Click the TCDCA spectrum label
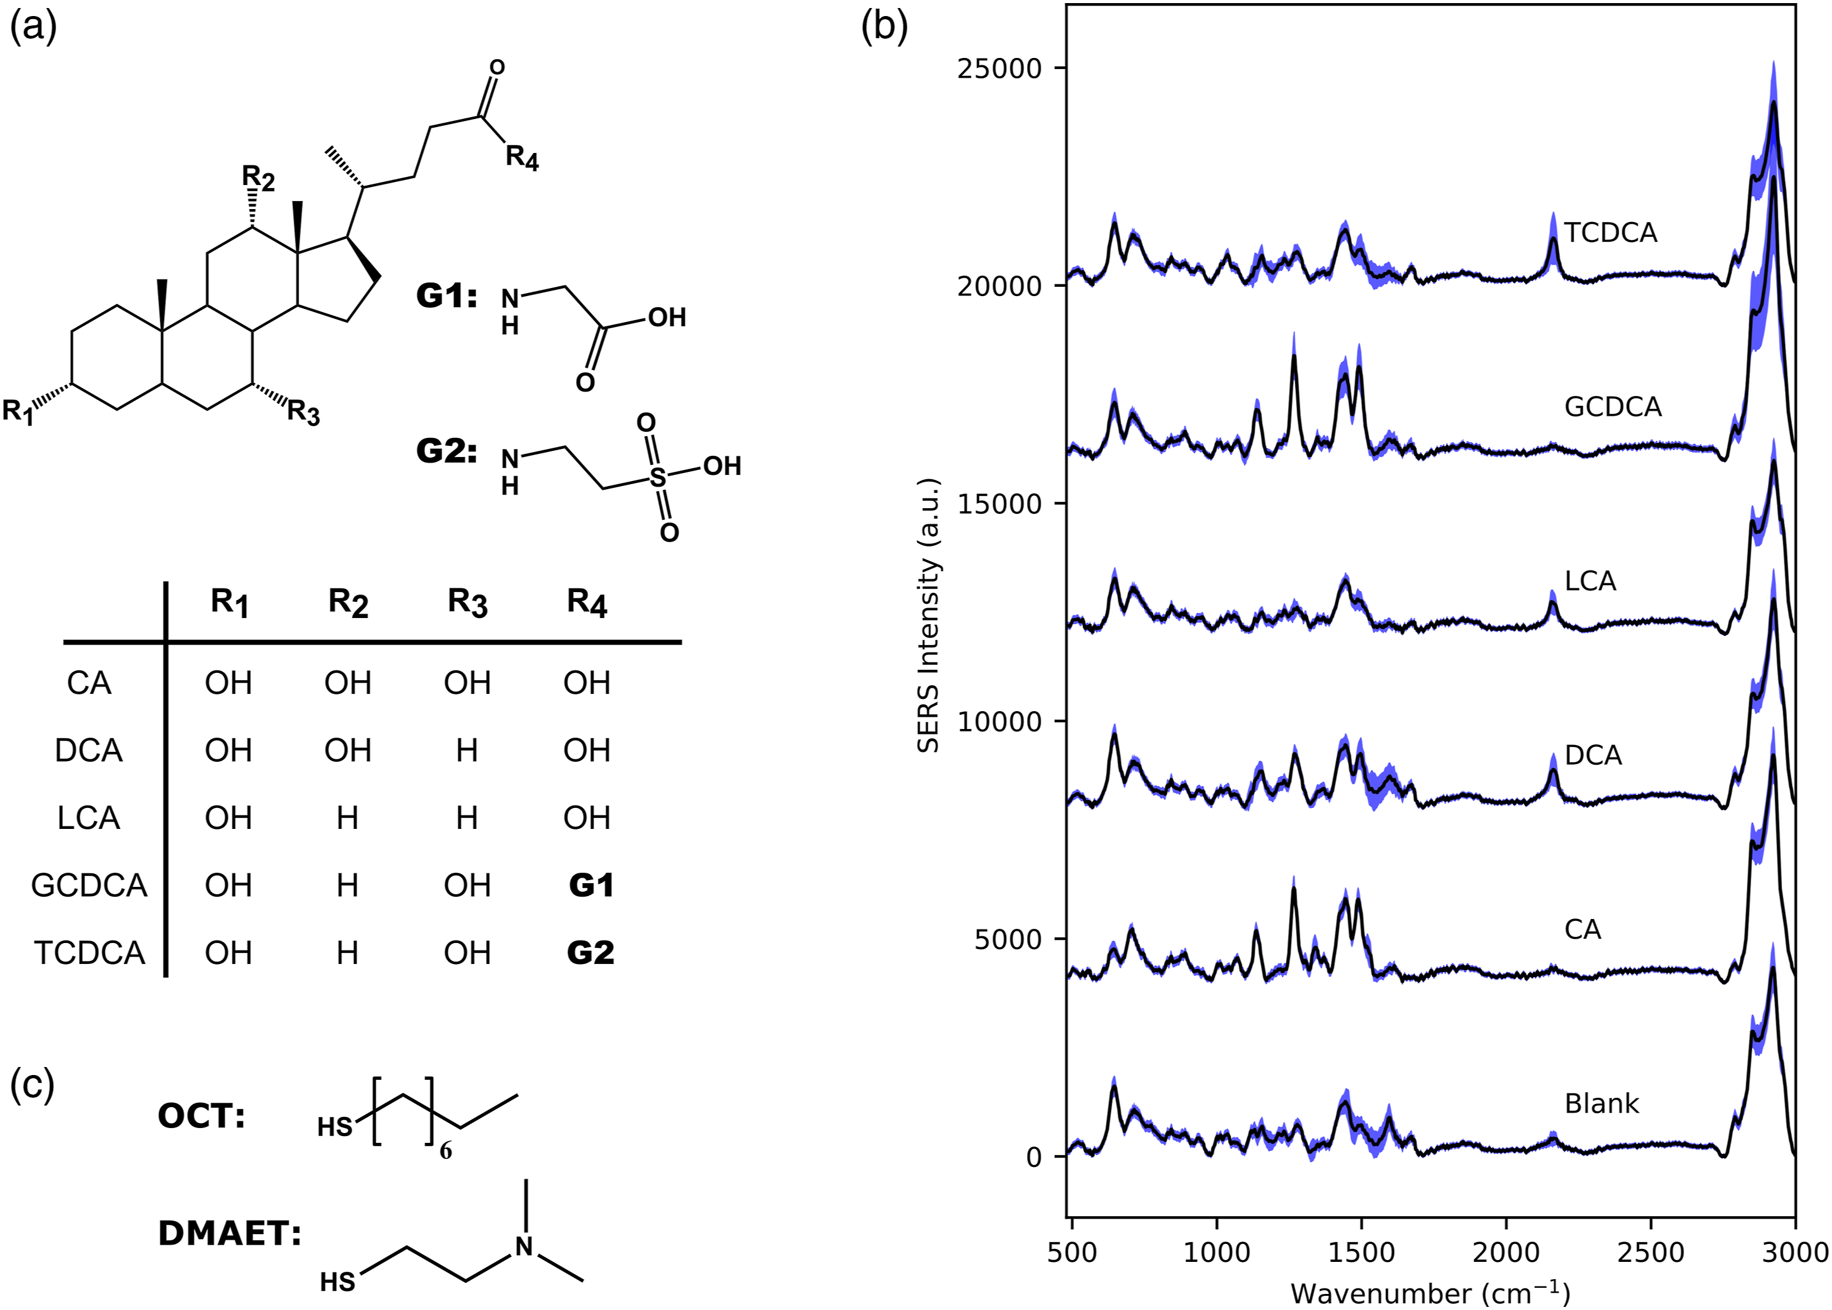tap(1610, 233)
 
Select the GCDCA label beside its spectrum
tap(1612, 406)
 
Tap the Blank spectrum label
tap(1601, 1103)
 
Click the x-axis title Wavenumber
tap(1429, 1293)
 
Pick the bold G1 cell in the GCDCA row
tap(590, 886)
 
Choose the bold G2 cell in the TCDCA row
tap(590, 953)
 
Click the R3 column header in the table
tap(468, 603)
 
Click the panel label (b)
tap(884, 27)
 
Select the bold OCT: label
tap(201, 1116)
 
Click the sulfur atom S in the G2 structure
tap(658, 477)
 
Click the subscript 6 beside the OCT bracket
tap(446, 1150)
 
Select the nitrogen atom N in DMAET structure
tap(525, 1246)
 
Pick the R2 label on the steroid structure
tap(258, 178)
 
